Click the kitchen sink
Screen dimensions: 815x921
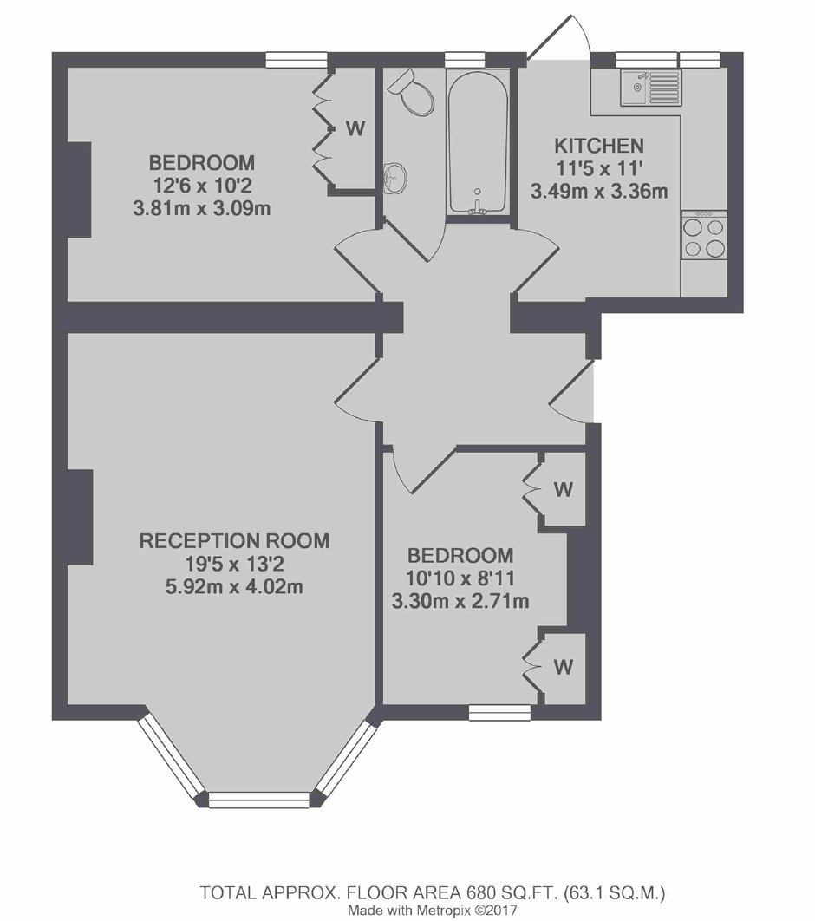(650, 88)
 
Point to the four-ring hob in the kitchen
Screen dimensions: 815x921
(704, 236)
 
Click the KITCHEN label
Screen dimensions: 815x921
(599, 145)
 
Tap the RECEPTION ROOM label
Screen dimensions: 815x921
(234, 540)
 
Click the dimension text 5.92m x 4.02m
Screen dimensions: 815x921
(234, 587)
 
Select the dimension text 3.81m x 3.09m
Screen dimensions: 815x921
(201, 208)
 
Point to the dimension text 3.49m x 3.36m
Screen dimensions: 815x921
(599, 192)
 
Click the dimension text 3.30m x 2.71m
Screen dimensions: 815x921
(460, 602)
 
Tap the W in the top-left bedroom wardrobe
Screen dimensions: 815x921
(355, 128)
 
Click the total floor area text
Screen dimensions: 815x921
(433, 893)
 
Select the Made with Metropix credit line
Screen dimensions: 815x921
(433, 911)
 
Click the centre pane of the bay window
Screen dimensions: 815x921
(259, 799)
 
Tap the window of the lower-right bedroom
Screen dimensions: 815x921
(499, 713)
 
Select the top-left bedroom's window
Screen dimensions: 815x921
(296, 60)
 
